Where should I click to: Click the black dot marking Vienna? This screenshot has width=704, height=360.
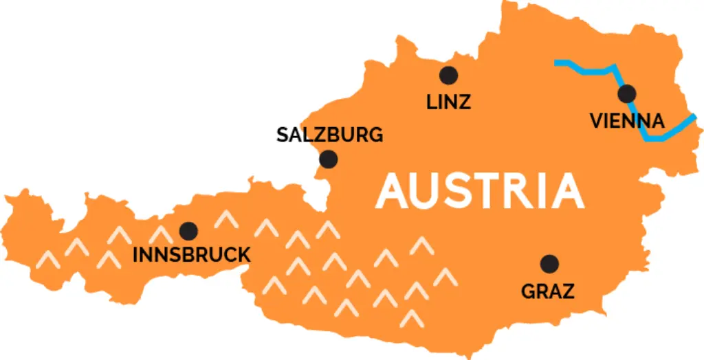pos(626,94)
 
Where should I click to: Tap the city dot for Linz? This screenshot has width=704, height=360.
pos(449,75)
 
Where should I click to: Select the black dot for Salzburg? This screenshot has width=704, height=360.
pos(329,159)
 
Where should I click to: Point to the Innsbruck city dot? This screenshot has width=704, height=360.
pos(188,231)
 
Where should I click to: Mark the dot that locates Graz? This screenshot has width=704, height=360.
pos(549,264)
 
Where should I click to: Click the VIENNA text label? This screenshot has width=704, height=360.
pos(627,122)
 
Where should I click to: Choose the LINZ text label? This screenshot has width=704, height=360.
pos(448,102)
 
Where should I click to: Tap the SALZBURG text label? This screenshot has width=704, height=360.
pos(329,135)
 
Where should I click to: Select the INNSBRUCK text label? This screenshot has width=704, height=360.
pos(191,256)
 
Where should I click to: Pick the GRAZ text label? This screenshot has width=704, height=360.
pos(548,291)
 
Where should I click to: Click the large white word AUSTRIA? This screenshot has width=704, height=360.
pos(479,191)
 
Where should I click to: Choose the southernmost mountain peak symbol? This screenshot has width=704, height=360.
pos(411,317)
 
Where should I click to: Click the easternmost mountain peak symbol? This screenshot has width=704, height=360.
pos(445,276)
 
